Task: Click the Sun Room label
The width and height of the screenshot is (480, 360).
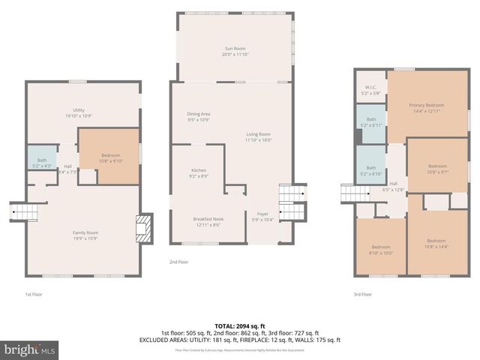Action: coord(235,50)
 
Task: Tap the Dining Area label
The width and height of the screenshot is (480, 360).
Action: coord(198,116)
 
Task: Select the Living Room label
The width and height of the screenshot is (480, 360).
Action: coord(258,136)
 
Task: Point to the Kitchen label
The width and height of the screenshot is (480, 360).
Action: coord(198,174)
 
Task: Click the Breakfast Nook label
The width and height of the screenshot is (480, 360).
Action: coord(208,221)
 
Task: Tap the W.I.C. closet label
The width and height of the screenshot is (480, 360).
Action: coord(370,91)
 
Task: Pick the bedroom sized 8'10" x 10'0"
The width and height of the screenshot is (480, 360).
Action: coord(381,249)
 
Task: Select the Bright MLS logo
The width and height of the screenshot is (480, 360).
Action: coord(30,349)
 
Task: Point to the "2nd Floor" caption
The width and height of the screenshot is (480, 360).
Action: coord(179,262)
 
